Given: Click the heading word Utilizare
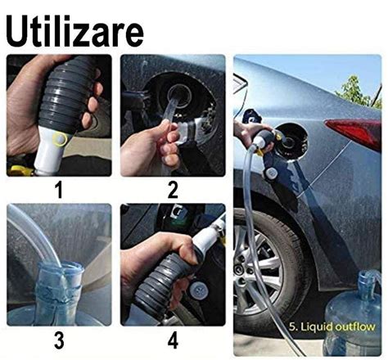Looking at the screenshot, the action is [x=74, y=30].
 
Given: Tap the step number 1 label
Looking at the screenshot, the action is [x=59, y=190].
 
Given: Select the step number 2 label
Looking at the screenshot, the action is [x=173, y=190].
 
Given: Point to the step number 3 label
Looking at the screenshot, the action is [x=59, y=340].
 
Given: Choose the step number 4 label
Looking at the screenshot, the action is [x=173, y=340].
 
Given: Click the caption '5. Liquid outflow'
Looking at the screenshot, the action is [x=332, y=326].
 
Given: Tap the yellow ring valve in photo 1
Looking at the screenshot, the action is [x=60, y=139].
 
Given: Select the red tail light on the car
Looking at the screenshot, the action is [x=354, y=132].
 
